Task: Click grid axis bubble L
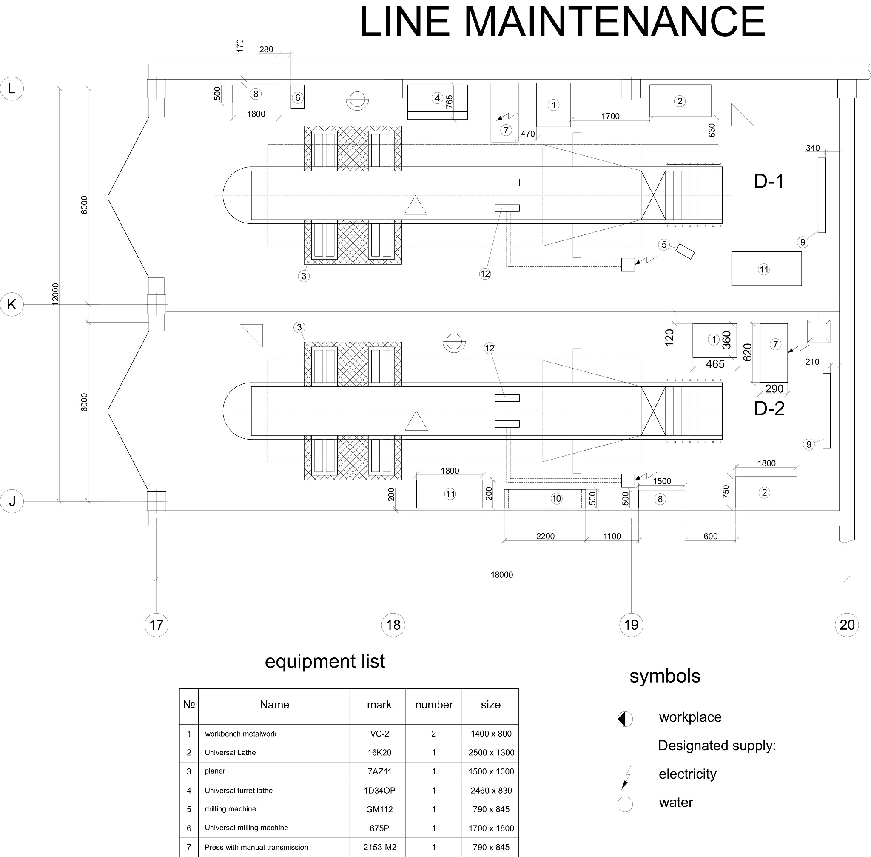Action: coord(12,88)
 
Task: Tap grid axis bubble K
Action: coord(12,304)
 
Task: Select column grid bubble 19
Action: coord(631,625)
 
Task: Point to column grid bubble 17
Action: coord(156,625)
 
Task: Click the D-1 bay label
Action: coord(769,181)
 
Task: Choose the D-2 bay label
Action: coord(769,408)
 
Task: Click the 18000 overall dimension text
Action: coord(502,575)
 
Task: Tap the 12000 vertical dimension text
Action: coord(55,294)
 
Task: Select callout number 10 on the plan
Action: coord(557,498)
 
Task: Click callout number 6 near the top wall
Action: coord(297,98)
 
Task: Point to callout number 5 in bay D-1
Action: coord(664,244)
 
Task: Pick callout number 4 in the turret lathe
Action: coord(437,98)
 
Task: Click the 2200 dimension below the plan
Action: coord(545,536)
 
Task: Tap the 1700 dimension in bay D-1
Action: coord(611,116)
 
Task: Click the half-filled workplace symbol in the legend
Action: coord(625,719)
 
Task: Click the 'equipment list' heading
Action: coord(325,662)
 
